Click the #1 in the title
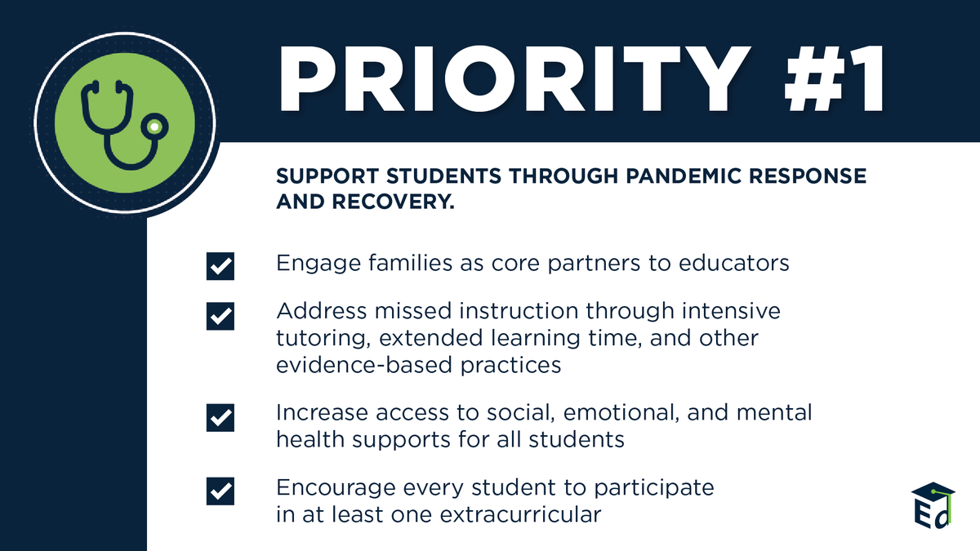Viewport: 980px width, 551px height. (834, 78)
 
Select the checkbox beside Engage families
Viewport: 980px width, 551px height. (220, 266)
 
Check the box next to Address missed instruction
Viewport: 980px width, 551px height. (220, 316)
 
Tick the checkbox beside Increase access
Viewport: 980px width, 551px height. (220, 418)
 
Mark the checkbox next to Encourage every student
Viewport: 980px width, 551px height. (220, 491)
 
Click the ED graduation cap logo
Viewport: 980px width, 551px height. (933, 505)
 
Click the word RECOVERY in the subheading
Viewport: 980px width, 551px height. (393, 202)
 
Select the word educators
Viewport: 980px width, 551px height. (733, 263)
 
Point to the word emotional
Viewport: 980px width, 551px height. (621, 413)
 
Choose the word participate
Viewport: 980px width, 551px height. (653, 488)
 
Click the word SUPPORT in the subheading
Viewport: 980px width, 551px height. (327, 176)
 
